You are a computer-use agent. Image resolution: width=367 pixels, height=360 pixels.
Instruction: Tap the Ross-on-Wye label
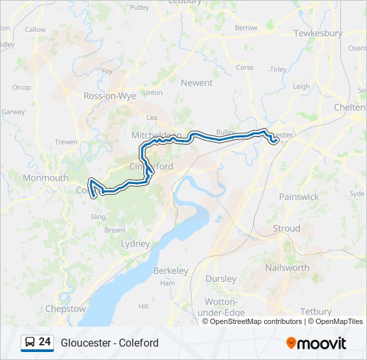pyautogui.click(x=109, y=96)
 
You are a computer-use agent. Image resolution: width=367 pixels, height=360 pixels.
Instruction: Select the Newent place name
pyautogui.click(x=196, y=83)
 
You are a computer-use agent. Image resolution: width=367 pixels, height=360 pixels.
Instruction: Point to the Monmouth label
pyautogui.click(x=45, y=178)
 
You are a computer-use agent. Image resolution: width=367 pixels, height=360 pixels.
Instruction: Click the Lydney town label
pyautogui.click(x=135, y=244)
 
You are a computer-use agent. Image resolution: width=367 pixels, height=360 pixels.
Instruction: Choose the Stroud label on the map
pyautogui.click(x=287, y=229)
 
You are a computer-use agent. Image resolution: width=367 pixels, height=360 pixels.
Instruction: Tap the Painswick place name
pyautogui.click(x=299, y=197)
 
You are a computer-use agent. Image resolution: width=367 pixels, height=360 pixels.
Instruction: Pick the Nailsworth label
pyautogui.click(x=287, y=267)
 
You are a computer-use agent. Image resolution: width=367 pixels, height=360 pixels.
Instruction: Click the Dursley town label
pyautogui.click(x=221, y=279)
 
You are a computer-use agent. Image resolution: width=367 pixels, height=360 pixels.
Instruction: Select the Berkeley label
pyautogui.click(x=171, y=271)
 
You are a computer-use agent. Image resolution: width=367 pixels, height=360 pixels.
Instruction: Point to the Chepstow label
pyautogui.click(x=65, y=309)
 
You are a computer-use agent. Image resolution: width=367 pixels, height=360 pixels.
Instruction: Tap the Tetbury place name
pyautogui.click(x=316, y=311)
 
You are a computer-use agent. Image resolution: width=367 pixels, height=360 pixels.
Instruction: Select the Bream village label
pyautogui.click(x=115, y=230)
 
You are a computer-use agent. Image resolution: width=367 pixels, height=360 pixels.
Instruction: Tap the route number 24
pyautogui.click(x=45, y=342)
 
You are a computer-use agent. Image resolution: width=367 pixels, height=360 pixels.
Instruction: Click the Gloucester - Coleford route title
pyautogui.click(x=109, y=343)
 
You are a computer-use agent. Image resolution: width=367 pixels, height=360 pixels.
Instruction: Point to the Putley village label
pyautogui.click(x=139, y=8)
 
